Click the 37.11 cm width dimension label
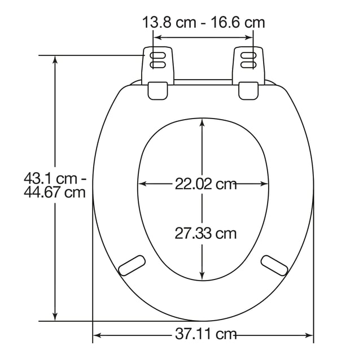click(205, 334)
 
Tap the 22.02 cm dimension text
click(205, 184)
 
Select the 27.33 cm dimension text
click(205, 233)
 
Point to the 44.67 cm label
click(55, 192)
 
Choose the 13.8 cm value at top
click(169, 23)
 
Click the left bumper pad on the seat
click(132, 265)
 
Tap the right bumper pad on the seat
click(274, 265)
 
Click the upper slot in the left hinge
click(158, 55)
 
